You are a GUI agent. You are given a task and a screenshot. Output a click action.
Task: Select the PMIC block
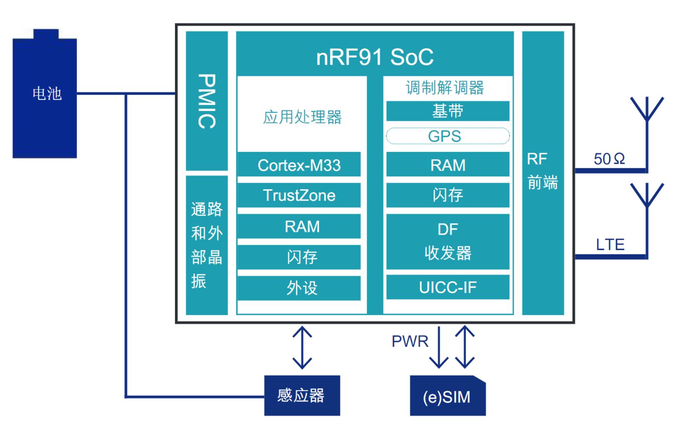207,101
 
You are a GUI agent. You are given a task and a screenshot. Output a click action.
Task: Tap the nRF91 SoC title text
375,57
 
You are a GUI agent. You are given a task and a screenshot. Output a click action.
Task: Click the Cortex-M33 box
299,165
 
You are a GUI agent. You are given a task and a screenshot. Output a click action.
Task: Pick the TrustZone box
299,195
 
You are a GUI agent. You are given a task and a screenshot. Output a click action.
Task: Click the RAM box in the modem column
448,165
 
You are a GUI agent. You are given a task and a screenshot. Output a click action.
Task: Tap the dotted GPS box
448,136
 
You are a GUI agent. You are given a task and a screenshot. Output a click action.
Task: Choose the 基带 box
448,111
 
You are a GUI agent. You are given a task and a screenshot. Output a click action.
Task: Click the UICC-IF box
448,287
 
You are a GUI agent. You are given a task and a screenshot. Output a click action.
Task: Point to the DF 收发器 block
448,241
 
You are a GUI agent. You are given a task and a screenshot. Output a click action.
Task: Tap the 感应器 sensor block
302,395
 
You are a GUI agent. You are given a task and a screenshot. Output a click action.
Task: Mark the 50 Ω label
609,159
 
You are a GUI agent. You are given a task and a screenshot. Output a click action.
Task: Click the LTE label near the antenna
610,244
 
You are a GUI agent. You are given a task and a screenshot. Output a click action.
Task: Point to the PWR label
410,342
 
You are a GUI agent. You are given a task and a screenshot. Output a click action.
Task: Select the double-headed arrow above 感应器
302,347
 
